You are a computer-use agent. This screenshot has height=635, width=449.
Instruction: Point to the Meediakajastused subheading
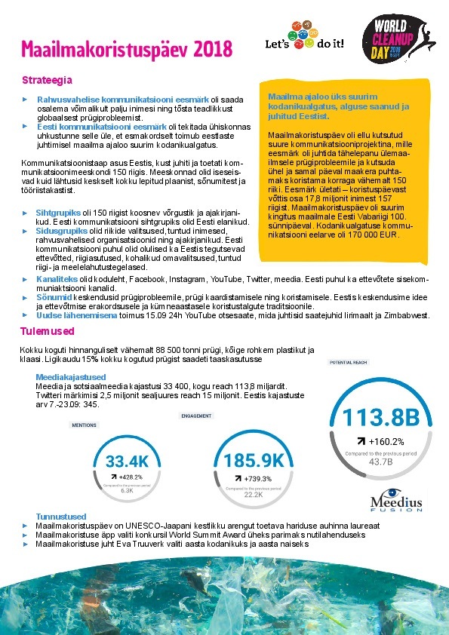pyautogui.click(x=74, y=376)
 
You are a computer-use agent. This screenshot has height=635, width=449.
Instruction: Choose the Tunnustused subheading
pyautogui.click(x=61, y=516)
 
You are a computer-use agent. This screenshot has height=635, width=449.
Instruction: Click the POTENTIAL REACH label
pyautogui.click(x=349, y=362)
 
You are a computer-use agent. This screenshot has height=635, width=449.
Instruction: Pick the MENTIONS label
pyautogui.click(x=84, y=425)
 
